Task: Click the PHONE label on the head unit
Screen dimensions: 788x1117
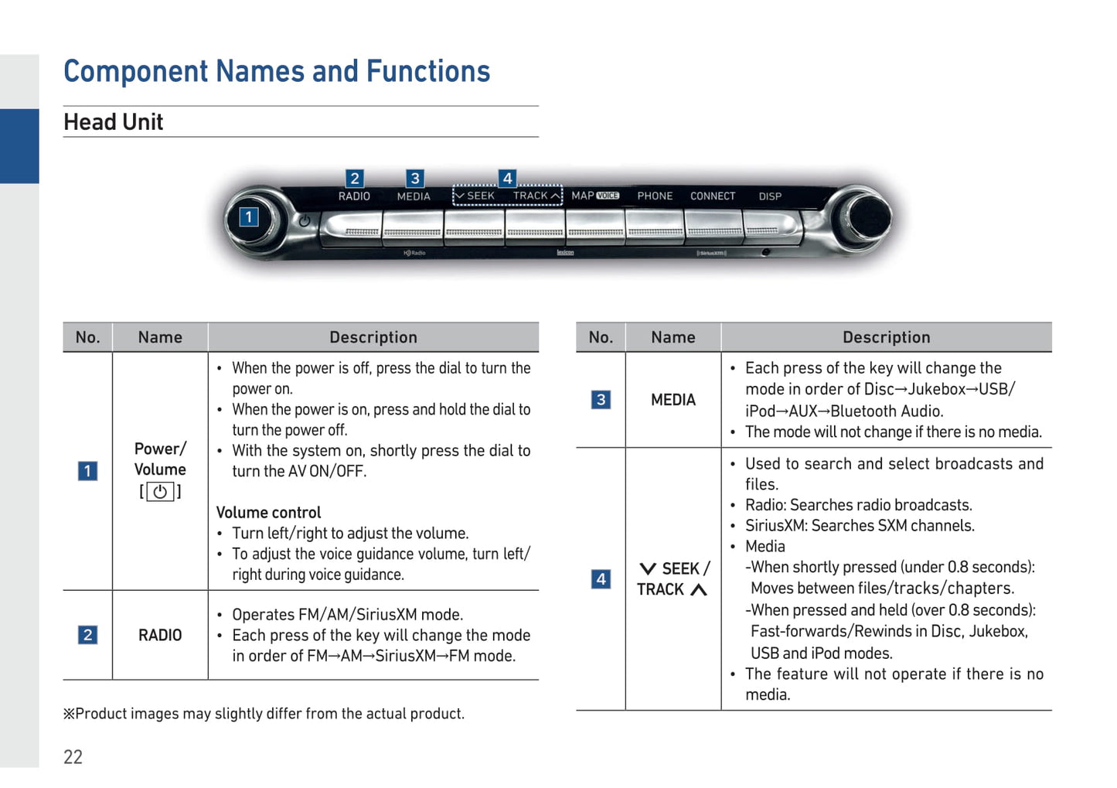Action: pos(655,196)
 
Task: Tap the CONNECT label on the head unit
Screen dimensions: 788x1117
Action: pos(712,196)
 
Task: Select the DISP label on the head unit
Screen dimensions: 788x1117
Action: pos(770,196)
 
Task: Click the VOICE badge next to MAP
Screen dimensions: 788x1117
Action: pos(608,196)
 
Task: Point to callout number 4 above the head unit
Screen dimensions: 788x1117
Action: pos(507,179)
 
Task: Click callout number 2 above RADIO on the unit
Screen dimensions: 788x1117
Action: pos(354,179)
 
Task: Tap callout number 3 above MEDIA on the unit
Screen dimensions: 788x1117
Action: pos(415,179)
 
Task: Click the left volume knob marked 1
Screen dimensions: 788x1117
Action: pos(254,219)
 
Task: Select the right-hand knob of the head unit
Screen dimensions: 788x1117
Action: pos(860,218)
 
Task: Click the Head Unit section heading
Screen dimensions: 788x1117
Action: pos(114,122)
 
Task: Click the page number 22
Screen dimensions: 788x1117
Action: pos(73,757)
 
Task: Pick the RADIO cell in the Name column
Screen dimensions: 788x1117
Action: pos(160,636)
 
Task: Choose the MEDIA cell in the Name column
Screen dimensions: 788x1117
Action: pos(673,400)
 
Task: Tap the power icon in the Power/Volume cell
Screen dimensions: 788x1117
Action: pos(160,492)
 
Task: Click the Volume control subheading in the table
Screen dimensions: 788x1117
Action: pos(268,513)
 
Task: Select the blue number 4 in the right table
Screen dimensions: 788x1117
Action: pos(601,579)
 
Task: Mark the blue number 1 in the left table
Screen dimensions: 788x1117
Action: pos(88,471)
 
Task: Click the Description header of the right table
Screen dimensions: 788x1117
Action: pos(886,337)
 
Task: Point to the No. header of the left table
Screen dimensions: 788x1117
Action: pos(88,337)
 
